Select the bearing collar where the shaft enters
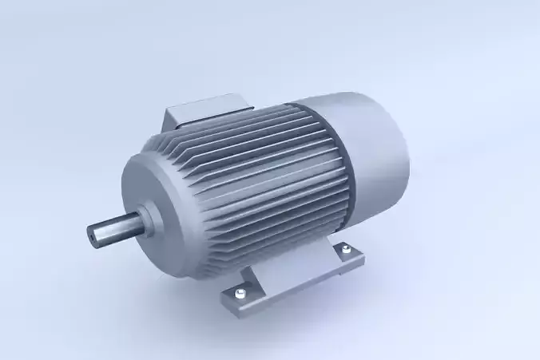pyautogui.click(x=149, y=214)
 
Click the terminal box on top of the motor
pyautogui.click(x=207, y=113)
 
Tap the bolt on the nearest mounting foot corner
pyautogui.click(x=239, y=296)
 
